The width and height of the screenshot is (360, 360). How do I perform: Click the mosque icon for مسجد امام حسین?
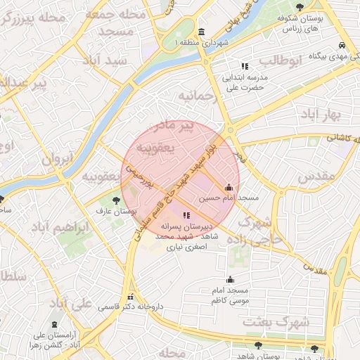[229, 188]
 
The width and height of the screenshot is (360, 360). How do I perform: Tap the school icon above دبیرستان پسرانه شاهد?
[186, 216]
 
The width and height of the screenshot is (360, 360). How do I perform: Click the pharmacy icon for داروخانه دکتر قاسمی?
[130, 296]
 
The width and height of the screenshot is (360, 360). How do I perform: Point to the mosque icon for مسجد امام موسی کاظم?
[230, 280]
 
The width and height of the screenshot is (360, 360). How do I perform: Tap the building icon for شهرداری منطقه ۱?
[202, 32]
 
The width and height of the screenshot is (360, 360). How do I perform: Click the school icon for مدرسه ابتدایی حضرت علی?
[244, 66]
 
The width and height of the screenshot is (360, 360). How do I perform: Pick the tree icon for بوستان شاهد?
[259, 346]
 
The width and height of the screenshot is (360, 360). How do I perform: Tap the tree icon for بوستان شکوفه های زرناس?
[300, 7]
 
